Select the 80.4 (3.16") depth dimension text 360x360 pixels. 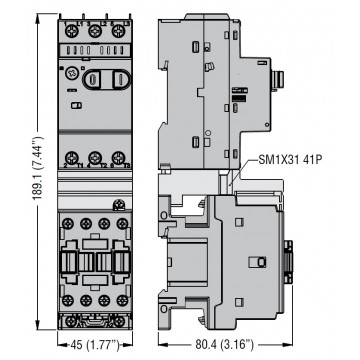coord(228,343)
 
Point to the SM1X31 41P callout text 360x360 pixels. coord(290,160)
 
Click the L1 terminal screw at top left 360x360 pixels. coord(71,32)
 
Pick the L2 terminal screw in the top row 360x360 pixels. coord(95,32)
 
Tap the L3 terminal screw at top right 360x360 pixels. coord(118,32)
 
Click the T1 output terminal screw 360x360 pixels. coord(71,157)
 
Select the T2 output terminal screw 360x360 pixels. coord(95,157)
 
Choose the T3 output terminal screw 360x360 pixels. coord(118,157)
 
